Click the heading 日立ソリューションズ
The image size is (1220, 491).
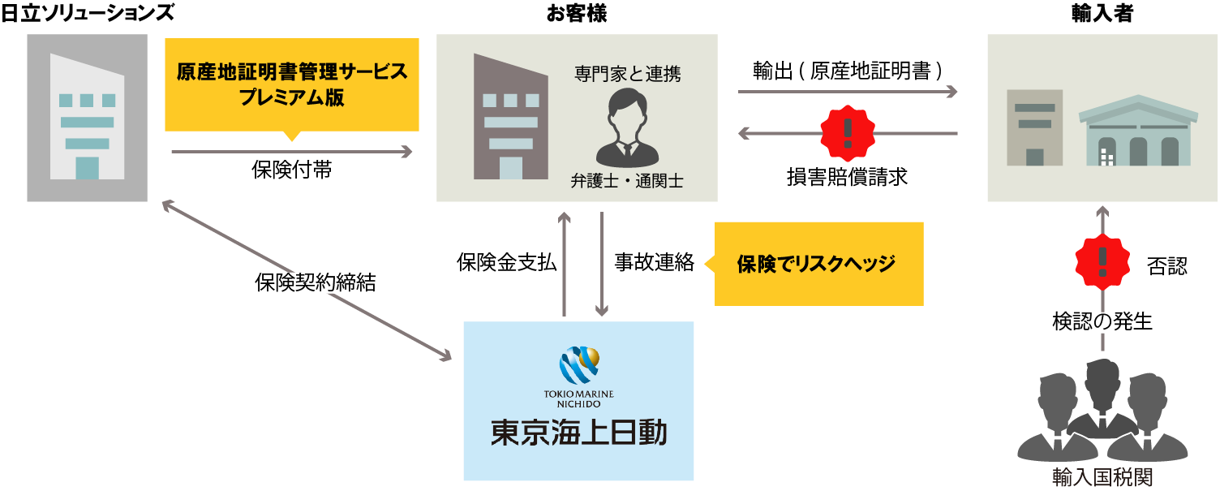88,14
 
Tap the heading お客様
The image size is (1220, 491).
577,14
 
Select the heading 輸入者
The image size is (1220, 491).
1102,14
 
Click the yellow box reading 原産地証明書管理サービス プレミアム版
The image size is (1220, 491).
292,84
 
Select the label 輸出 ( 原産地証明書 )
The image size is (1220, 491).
848,71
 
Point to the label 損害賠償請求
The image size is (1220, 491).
847,177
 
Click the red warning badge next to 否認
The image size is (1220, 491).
1102,261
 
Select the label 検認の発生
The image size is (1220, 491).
1102,321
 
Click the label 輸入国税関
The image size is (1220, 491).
1102,476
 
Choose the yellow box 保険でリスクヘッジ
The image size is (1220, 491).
818,264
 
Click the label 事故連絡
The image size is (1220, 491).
654,262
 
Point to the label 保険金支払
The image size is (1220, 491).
507,262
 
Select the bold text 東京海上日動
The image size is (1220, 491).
578,433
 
